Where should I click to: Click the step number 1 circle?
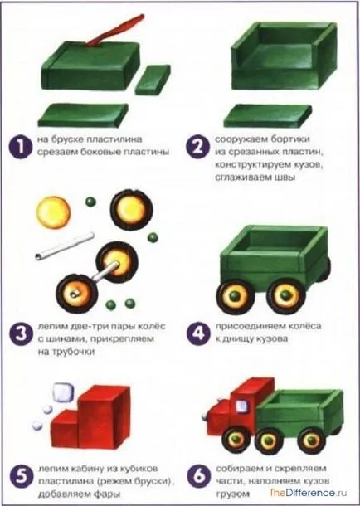(21, 147)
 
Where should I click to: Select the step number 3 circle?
(21, 333)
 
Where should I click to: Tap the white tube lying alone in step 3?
(65, 246)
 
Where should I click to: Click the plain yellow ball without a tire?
(53, 212)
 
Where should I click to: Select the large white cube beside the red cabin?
(63, 392)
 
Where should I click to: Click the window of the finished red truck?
(242, 406)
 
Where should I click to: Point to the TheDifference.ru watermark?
(308, 493)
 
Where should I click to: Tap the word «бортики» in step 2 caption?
(289, 139)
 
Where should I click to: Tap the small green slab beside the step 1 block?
(153, 80)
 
